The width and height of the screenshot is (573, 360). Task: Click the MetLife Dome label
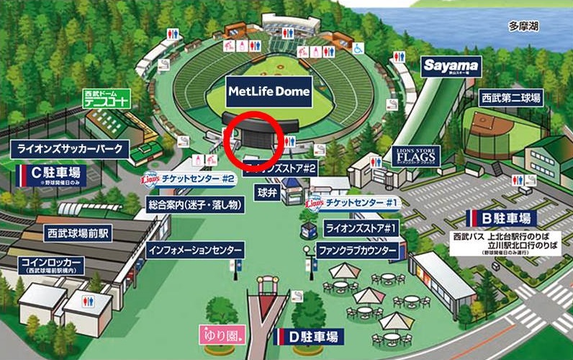click(269, 91)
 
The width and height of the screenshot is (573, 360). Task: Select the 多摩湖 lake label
click(524, 27)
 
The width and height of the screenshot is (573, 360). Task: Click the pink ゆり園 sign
click(222, 335)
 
